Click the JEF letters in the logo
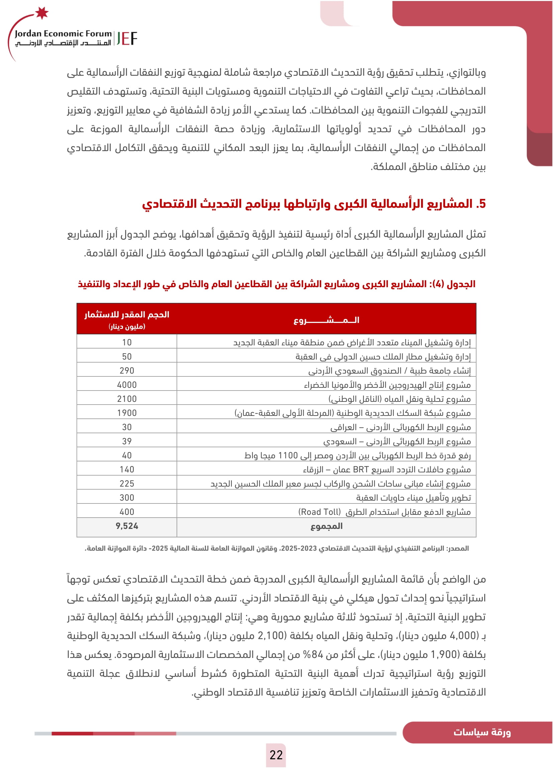[x=127, y=38]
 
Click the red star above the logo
[x=42, y=13]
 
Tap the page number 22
[x=276, y=755]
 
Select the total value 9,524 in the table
[x=127, y=526]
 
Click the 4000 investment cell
[x=127, y=385]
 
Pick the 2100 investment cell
[x=127, y=399]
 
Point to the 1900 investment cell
[x=127, y=413]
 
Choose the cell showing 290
[x=127, y=370]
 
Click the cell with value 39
[x=127, y=441]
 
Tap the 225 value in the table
[x=127, y=484]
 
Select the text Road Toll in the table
[x=319, y=512]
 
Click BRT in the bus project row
[x=361, y=470]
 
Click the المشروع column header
[x=326, y=320]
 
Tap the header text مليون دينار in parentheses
[x=127, y=327]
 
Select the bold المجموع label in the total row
[x=326, y=526]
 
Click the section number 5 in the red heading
[x=481, y=204]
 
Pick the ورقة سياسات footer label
[x=482, y=732]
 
